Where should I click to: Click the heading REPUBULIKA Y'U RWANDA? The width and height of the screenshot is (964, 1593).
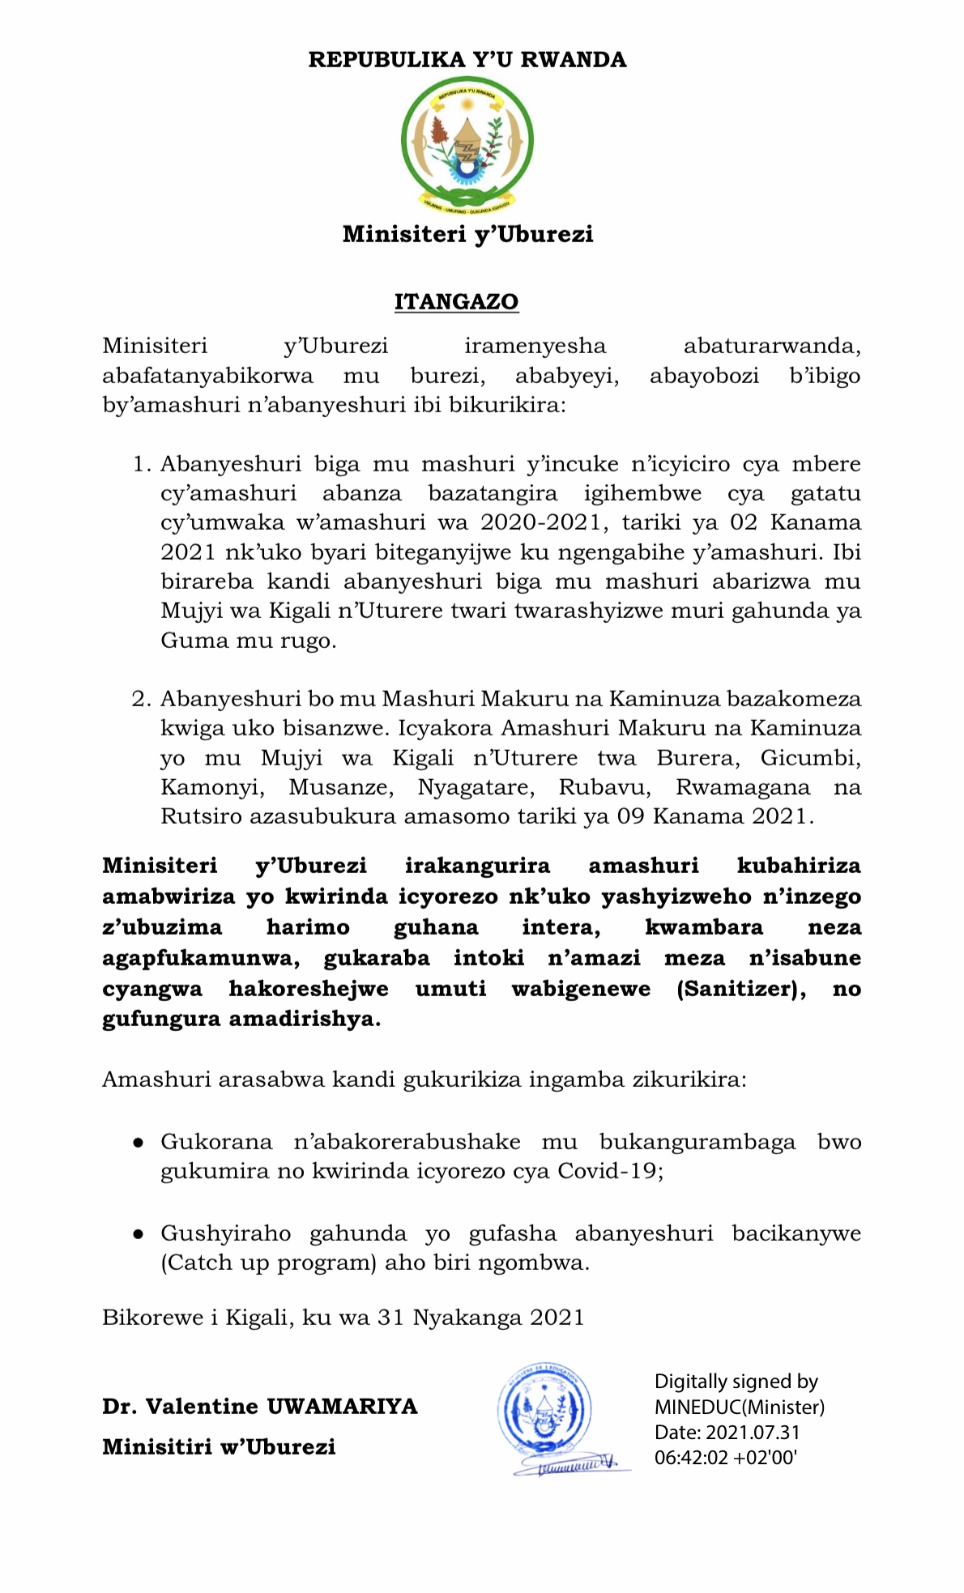467,60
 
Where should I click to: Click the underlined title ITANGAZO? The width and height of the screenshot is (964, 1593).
456,301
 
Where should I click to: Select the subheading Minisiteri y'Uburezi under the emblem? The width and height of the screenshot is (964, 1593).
467,234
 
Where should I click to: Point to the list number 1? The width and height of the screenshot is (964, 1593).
141,464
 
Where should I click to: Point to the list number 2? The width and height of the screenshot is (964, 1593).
141,698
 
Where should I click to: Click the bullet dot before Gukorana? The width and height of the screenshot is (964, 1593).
139,1143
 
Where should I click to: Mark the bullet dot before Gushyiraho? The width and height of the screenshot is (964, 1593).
139,1234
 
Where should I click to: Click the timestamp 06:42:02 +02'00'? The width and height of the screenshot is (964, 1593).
726,1458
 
